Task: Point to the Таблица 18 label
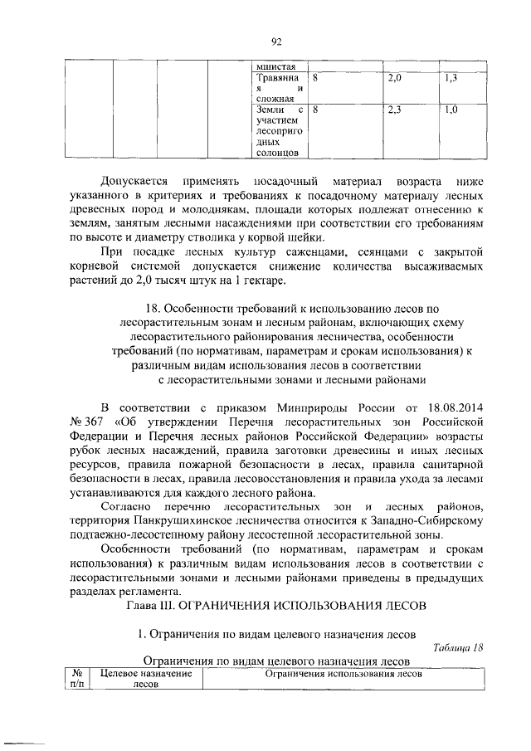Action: (x=457, y=647)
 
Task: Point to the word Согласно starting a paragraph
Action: (x=125, y=506)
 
